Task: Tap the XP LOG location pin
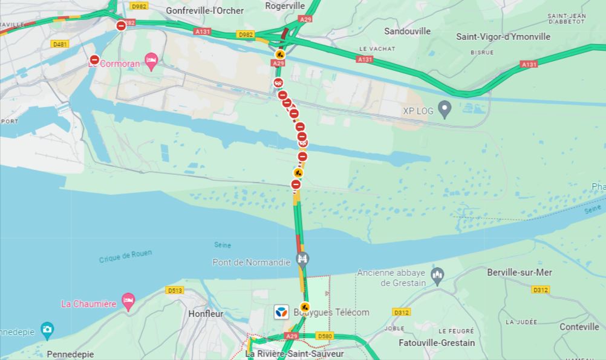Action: [445, 110]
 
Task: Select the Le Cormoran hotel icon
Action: [151, 61]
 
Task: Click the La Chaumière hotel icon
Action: [128, 301]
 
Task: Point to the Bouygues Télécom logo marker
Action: [281, 312]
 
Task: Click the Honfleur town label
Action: [206, 314]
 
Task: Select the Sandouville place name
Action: [408, 31]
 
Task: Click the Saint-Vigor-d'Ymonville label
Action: [503, 37]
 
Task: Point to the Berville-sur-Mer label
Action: [520, 273]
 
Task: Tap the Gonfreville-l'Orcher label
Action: [205, 11]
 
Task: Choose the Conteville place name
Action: [579, 327]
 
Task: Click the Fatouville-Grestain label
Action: [437, 343]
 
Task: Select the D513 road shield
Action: [175, 290]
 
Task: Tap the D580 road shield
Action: [325, 336]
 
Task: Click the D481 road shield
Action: [59, 44]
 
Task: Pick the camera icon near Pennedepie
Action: [47, 330]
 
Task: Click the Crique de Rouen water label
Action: [126, 256]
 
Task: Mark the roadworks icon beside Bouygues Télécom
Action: [305, 307]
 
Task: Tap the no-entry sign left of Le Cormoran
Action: [94, 59]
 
